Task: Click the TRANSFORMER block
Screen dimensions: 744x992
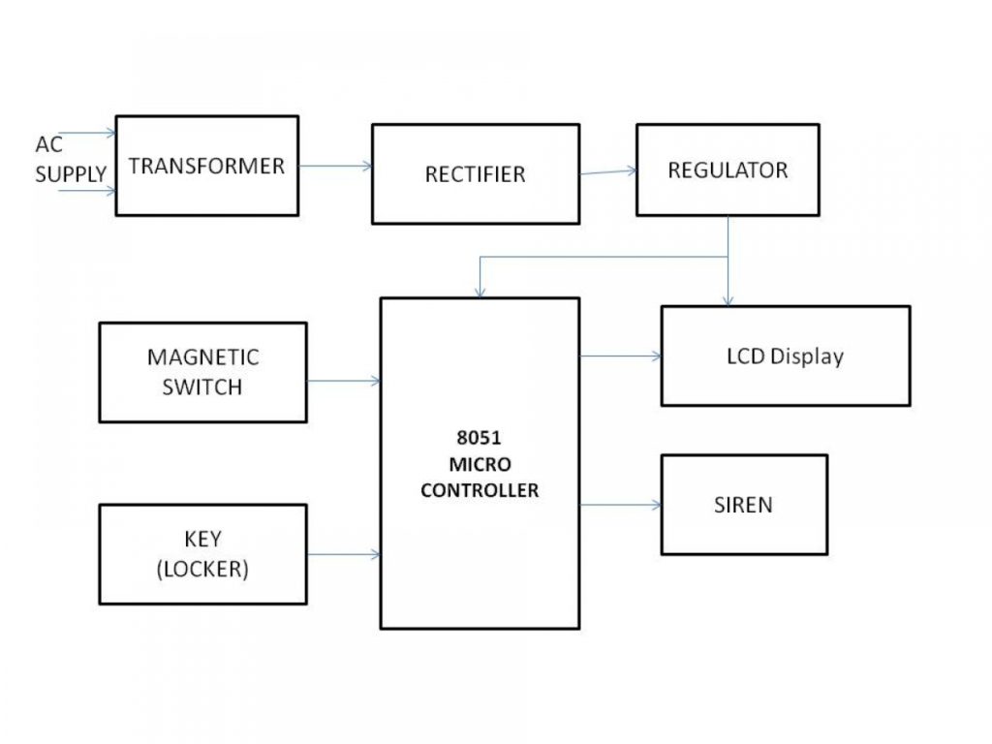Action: pos(206,166)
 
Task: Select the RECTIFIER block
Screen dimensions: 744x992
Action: pos(475,174)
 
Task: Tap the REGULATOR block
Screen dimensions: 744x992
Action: pos(728,170)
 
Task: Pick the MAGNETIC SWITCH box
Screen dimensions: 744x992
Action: pos(202,372)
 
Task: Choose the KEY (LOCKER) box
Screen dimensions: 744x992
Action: pos(202,554)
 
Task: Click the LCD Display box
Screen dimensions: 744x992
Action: pos(785,356)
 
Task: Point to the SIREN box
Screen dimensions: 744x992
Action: pos(744,505)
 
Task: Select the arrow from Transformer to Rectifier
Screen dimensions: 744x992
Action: pos(335,166)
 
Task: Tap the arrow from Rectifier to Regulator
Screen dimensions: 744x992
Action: pos(608,172)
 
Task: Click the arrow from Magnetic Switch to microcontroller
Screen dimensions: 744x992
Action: pos(343,381)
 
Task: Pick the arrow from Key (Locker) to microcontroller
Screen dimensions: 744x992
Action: pos(343,554)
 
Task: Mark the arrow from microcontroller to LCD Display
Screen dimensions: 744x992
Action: pos(620,356)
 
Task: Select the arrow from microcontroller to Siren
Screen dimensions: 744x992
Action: pos(620,505)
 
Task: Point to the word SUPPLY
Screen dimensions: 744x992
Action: pos(71,175)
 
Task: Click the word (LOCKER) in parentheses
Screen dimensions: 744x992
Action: pos(202,570)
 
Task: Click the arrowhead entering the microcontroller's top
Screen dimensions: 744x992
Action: pos(479,292)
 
